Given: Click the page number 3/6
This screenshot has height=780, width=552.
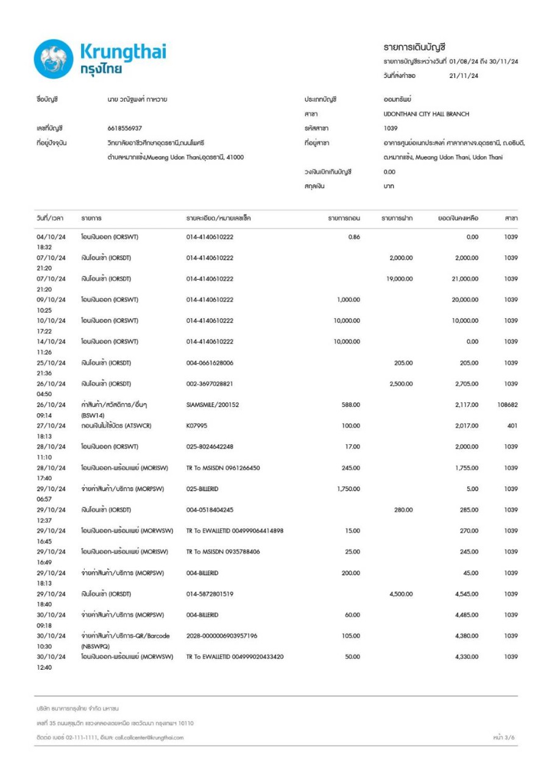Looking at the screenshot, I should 507,738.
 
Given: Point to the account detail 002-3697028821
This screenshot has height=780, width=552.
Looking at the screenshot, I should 210,384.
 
